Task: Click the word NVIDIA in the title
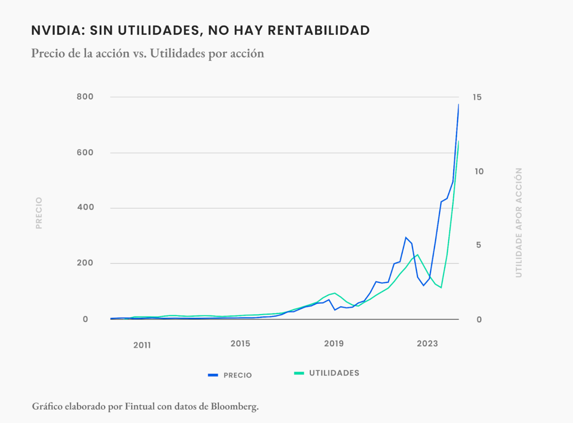[x=58, y=30]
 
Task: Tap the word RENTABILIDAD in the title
[x=319, y=30]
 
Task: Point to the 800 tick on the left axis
[x=85, y=97]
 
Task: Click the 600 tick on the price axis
[x=85, y=153]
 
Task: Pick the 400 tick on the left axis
[x=85, y=207]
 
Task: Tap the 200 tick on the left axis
[x=85, y=263]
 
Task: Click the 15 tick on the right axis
[x=477, y=97]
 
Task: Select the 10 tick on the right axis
[x=479, y=172]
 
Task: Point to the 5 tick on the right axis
[x=479, y=245]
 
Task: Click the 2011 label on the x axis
[x=142, y=345]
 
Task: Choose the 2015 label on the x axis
[x=240, y=344]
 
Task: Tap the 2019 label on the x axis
[x=334, y=344]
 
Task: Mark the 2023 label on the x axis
[x=427, y=344]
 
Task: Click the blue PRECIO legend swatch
[x=213, y=375]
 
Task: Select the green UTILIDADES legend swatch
[x=299, y=373]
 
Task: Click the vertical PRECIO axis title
[x=39, y=213]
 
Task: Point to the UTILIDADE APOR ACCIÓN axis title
[x=518, y=222]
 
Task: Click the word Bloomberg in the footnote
[x=234, y=406]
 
